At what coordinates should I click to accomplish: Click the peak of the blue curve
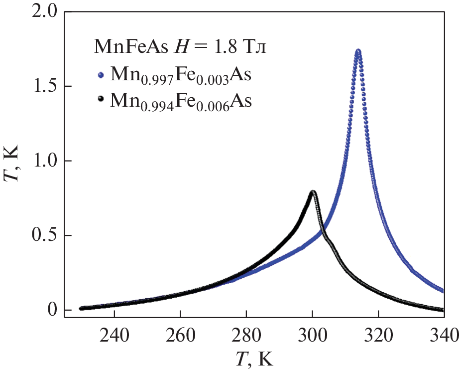click(357, 51)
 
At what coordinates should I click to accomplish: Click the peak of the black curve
click(313, 192)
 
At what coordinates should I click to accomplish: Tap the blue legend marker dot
click(101, 75)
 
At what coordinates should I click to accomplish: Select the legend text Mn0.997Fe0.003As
click(180, 77)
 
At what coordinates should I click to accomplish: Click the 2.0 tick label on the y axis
click(44, 12)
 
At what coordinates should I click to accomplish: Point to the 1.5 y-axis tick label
click(44, 86)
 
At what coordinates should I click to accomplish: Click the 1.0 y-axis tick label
click(44, 161)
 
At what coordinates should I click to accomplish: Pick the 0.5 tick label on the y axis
click(44, 235)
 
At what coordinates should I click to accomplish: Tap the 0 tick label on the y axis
click(53, 310)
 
